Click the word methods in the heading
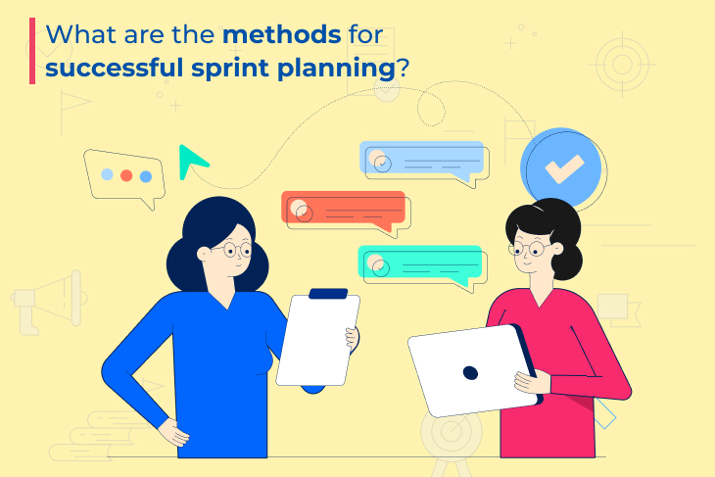point(282,34)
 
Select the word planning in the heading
point(336,69)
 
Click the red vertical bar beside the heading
point(32,51)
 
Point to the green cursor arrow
point(192,162)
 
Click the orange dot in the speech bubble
point(126,175)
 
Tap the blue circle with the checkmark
point(561,167)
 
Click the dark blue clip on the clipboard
point(328,294)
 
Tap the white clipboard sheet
point(317,340)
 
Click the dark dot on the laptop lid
point(470,373)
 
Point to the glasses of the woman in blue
point(237,250)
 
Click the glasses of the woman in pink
point(529,249)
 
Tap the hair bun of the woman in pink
point(567,262)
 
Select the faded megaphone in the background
point(49,302)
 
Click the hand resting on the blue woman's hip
point(173,432)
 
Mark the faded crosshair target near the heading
point(622,65)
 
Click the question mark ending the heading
point(403,68)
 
